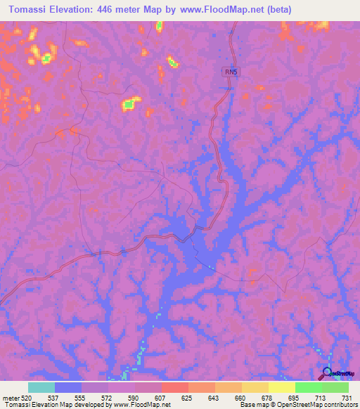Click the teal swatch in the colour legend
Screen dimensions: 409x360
(x=41, y=387)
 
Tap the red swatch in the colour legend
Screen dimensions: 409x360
(x=174, y=387)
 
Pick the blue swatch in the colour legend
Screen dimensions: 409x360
(x=68, y=387)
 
